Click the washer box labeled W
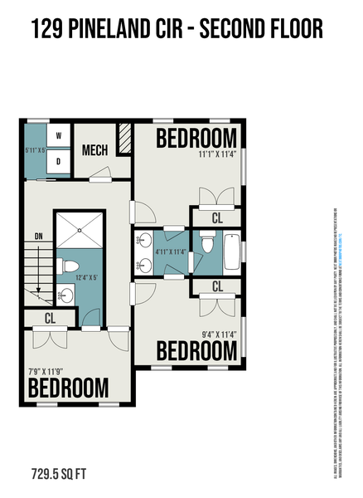tap(58, 135)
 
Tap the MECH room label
tap(96, 151)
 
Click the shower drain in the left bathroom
tap(81, 233)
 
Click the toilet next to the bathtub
tap(206, 246)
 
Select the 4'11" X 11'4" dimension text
tap(172, 250)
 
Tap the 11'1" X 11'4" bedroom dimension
tap(217, 154)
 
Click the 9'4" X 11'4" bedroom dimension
tap(219, 334)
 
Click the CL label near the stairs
tap(49, 318)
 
